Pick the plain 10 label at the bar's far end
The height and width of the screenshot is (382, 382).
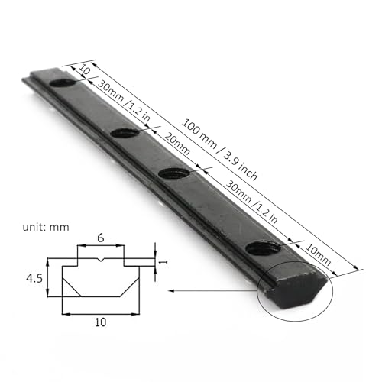coord(84,71)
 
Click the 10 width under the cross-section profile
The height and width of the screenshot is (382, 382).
coord(99,323)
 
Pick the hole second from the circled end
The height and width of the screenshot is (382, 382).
coord(174,173)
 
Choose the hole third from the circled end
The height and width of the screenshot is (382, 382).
coord(122,134)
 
